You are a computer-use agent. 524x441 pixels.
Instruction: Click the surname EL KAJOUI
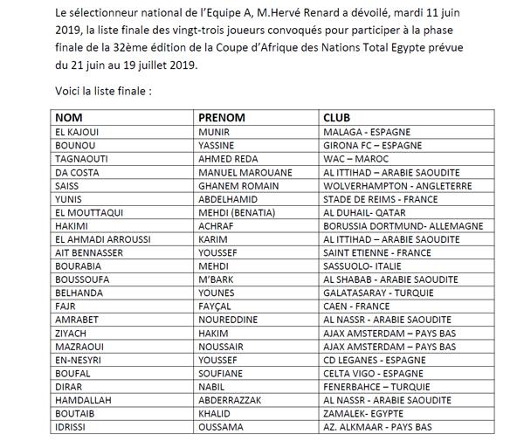click(78, 132)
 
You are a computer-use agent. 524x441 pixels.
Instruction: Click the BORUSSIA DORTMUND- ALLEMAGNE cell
click(403, 225)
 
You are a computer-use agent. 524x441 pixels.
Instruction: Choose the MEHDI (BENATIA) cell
click(237, 212)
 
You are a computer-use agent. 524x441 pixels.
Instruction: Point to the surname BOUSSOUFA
click(81, 279)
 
